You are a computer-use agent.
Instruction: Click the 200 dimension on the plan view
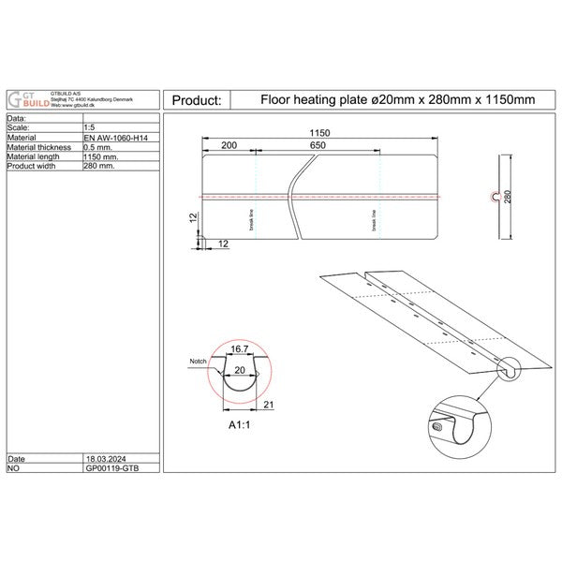229,147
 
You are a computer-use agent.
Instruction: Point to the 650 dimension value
318,147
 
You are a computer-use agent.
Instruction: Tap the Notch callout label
197,360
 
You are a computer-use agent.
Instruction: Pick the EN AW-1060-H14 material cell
116,138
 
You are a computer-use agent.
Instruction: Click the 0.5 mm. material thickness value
100,147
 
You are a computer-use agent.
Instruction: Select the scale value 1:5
90,128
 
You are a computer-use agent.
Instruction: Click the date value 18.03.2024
102,460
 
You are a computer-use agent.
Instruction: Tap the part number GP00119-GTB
109,469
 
